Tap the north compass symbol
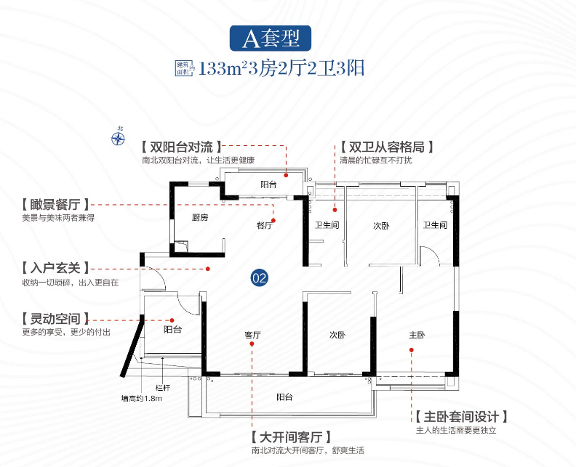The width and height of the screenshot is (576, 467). tap(119, 136)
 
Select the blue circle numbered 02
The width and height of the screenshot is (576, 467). tap(260, 277)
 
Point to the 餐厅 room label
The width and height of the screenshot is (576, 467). tap(264, 226)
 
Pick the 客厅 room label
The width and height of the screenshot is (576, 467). tap(252, 336)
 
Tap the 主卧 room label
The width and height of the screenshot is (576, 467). tap(417, 336)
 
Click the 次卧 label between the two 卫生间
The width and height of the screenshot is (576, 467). tap(382, 226)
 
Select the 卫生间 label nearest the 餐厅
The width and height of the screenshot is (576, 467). tap(327, 226)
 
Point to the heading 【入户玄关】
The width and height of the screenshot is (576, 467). tap(55, 267)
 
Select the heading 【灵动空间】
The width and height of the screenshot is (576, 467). tap(55, 318)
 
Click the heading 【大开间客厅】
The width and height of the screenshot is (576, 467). tap(289, 437)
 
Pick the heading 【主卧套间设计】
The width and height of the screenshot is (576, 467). tap(460, 417)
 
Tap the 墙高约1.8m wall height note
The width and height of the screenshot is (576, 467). tap(141, 398)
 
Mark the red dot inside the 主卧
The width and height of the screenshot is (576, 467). tap(412, 350)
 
